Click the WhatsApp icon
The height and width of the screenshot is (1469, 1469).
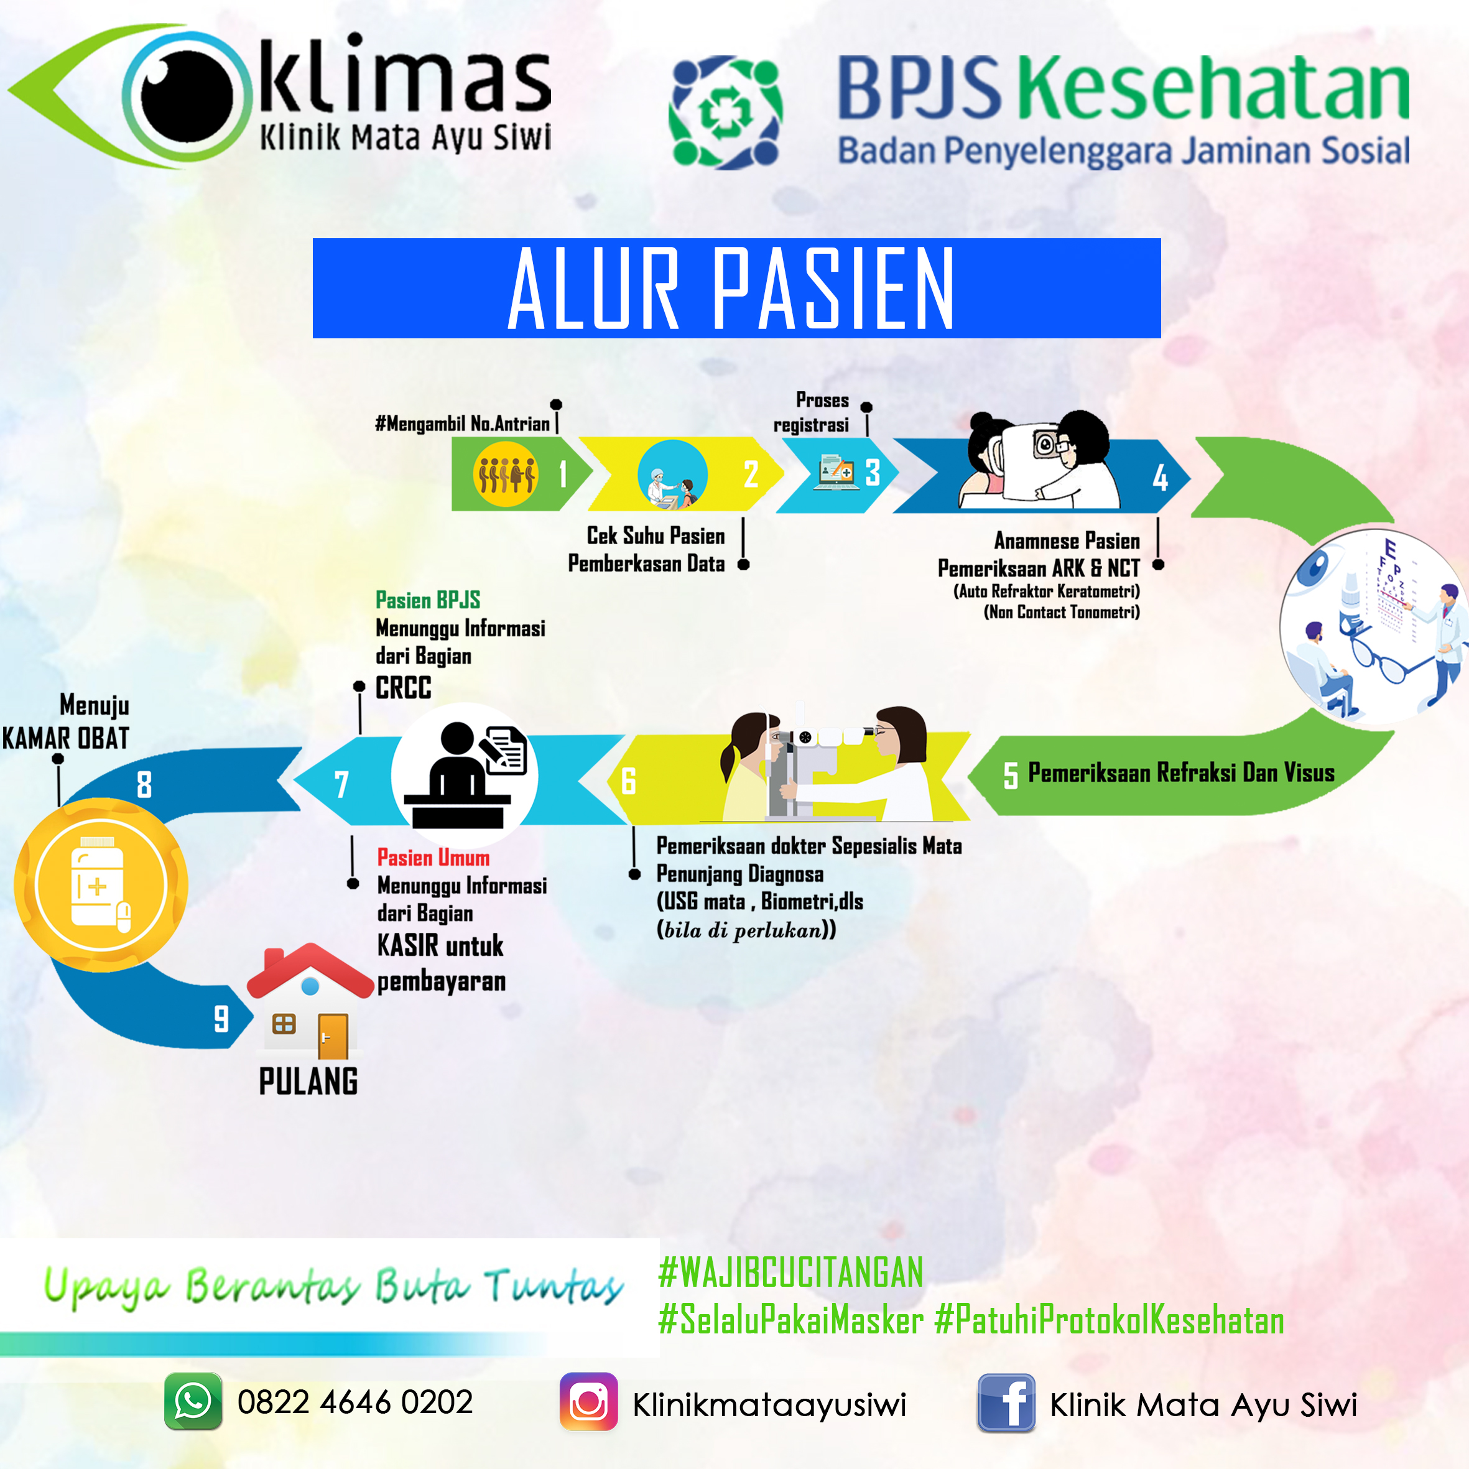point(193,1401)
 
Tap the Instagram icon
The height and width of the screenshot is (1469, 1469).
point(588,1401)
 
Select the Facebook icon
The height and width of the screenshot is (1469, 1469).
point(1006,1403)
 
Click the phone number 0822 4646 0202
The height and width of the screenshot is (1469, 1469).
point(355,1402)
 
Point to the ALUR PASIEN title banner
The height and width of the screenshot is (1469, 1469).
point(736,288)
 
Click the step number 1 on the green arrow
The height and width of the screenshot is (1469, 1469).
point(563,474)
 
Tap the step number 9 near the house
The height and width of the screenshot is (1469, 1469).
point(221,1018)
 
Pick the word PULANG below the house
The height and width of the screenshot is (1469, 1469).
point(308,1081)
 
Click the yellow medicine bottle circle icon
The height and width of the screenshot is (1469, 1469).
point(100,885)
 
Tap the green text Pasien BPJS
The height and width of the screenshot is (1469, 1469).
point(427,600)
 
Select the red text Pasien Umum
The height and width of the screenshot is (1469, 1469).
point(433,858)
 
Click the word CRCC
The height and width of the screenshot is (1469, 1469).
point(403,687)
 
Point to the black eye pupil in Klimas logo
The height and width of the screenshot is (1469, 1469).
point(187,97)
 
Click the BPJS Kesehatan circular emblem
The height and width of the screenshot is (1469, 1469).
point(725,112)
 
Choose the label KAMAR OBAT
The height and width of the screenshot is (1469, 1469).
point(65,738)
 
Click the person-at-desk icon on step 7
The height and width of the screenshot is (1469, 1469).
point(465,775)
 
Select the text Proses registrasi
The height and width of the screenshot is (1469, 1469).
point(812,412)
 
